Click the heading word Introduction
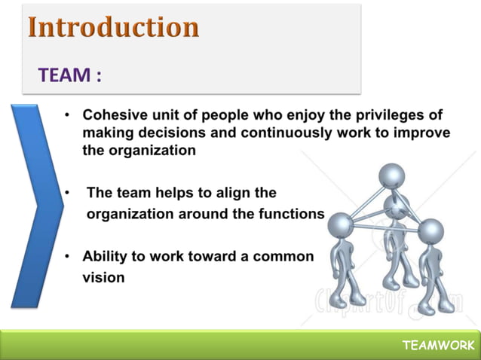click(114, 27)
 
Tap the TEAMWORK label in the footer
click(438, 345)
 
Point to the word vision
click(103, 276)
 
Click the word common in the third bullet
click(283, 256)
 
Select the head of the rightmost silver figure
click(430, 232)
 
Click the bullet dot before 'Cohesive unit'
click(67, 116)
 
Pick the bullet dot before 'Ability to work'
click(67, 257)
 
